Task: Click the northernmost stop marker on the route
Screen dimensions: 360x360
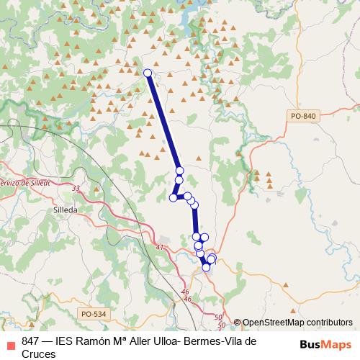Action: point(148,73)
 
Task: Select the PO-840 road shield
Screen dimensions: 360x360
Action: point(305,116)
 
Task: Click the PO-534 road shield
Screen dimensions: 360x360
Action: point(94,313)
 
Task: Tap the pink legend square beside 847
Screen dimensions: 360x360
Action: point(9,341)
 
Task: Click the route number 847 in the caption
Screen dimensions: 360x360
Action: point(31,341)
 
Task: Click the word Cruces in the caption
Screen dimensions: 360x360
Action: point(39,354)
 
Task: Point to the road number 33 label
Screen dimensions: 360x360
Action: point(76,189)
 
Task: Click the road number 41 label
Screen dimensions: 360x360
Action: point(159,248)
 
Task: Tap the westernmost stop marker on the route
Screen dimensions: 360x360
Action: point(173,198)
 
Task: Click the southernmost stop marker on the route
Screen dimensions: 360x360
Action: point(207,267)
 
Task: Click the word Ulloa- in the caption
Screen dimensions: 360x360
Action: point(156,341)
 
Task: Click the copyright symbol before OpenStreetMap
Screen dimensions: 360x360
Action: point(238,323)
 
